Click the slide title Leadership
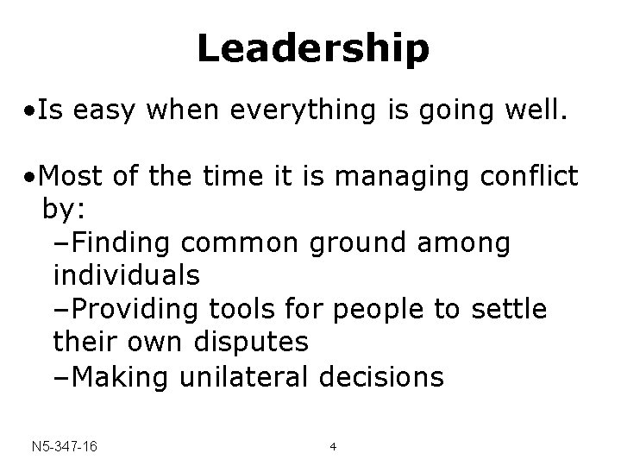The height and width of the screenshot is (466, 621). click(x=312, y=49)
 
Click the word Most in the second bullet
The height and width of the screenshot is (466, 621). click(x=72, y=178)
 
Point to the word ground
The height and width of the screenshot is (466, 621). click(x=366, y=244)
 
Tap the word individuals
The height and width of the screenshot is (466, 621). click(x=127, y=277)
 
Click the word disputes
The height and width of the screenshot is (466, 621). click(x=247, y=343)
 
